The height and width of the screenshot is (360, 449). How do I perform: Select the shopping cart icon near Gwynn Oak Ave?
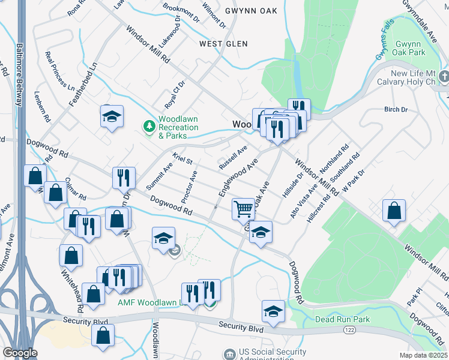(x=244, y=209)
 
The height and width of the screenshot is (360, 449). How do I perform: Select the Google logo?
(x=19, y=353)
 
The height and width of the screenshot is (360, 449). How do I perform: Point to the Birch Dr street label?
(x=396, y=110)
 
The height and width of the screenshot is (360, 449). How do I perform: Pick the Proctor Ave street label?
(x=190, y=186)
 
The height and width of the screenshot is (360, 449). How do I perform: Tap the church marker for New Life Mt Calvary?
(x=444, y=76)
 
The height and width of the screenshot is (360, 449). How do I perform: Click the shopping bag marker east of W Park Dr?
(x=393, y=212)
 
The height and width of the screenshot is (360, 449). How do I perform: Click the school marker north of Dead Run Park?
(x=273, y=311)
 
